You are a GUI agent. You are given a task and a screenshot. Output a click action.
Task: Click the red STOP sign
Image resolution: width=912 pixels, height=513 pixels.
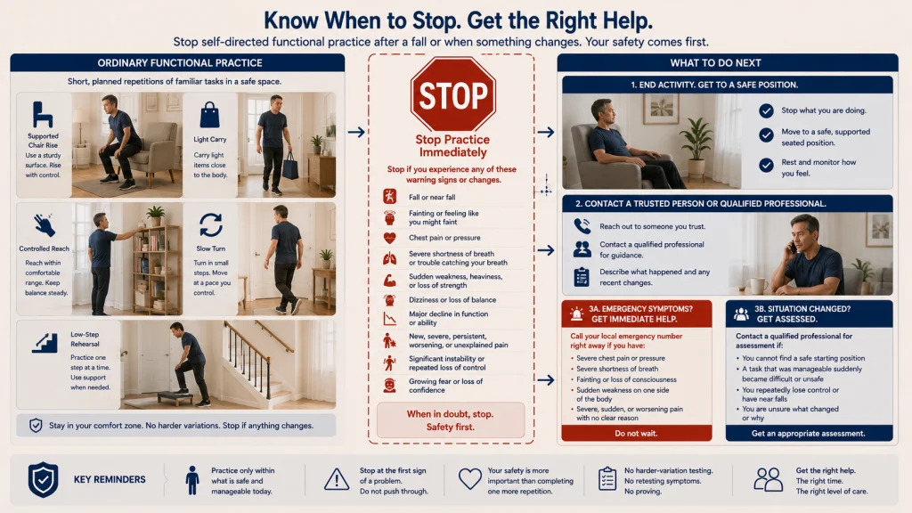[453, 94]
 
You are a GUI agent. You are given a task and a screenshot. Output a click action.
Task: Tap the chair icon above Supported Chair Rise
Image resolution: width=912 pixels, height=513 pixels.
[43, 114]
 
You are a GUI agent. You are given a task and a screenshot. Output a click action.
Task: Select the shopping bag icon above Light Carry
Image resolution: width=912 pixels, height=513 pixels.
[210, 115]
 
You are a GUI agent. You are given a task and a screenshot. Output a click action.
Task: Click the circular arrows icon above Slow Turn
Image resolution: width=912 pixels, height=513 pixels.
[210, 225]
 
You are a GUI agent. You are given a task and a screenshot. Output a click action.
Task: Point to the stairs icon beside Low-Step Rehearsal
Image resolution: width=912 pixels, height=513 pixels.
[45, 343]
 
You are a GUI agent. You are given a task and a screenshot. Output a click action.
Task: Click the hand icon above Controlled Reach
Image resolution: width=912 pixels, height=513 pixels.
[44, 224]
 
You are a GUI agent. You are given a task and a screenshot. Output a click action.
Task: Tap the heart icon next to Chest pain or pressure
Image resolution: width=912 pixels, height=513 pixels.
[390, 238]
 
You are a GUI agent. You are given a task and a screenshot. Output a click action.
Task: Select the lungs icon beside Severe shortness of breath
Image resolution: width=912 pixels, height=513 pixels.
[390, 258]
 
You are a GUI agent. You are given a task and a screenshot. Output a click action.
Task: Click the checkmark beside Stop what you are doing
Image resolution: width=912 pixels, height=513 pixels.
[766, 110]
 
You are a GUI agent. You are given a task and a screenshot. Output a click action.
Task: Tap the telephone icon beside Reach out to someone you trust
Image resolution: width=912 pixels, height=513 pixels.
[582, 225]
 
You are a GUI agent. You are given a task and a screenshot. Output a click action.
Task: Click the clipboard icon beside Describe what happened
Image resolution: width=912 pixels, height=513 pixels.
[582, 277]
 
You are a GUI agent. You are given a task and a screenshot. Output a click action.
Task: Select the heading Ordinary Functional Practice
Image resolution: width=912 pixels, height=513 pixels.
[180, 63]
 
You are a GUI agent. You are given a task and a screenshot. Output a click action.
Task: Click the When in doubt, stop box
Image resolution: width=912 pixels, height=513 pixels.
[450, 420]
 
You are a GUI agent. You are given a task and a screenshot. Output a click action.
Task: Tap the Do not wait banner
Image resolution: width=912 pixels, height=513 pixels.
[636, 434]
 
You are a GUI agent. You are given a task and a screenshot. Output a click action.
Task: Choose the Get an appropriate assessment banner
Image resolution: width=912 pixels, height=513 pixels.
[809, 434]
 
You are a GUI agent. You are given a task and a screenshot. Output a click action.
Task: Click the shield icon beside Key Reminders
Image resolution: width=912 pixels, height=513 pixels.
[43, 479]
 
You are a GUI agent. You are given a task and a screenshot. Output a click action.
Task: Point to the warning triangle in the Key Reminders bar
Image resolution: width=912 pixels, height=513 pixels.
[337, 479]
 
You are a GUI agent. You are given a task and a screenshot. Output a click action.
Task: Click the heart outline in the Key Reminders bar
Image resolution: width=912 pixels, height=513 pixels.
[470, 478]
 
